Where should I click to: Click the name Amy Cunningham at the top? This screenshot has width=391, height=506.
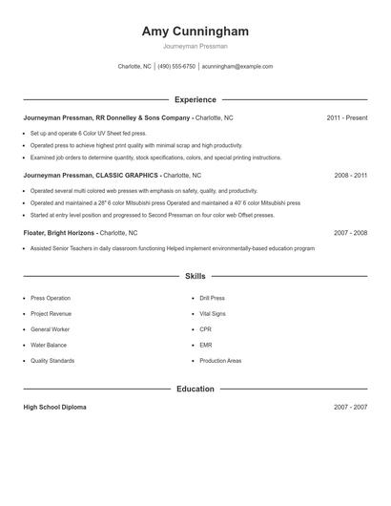[x=195, y=31]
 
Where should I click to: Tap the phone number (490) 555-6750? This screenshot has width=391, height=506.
[x=176, y=67]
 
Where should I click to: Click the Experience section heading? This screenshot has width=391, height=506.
[x=195, y=99]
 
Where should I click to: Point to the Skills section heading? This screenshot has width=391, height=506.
[x=195, y=276]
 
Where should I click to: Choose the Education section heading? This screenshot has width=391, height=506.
[x=195, y=389]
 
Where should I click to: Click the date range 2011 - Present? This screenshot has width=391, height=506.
[x=346, y=117]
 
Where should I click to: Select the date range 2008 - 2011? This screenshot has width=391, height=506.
[x=350, y=176]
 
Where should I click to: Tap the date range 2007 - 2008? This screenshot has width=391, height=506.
[x=350, y=232]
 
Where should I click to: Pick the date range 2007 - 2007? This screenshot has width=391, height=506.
[x=350, y=407]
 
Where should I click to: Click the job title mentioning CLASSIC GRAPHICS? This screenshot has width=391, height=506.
[x=112, y=176]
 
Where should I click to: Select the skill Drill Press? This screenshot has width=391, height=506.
[x=212, y=298]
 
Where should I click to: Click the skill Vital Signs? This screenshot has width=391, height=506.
[x=212, y=313]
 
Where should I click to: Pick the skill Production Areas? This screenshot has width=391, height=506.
[x=220, y=361]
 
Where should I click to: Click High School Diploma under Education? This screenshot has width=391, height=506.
[x=54, y=407]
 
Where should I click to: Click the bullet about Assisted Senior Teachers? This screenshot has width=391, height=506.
[x=172, y=248]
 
